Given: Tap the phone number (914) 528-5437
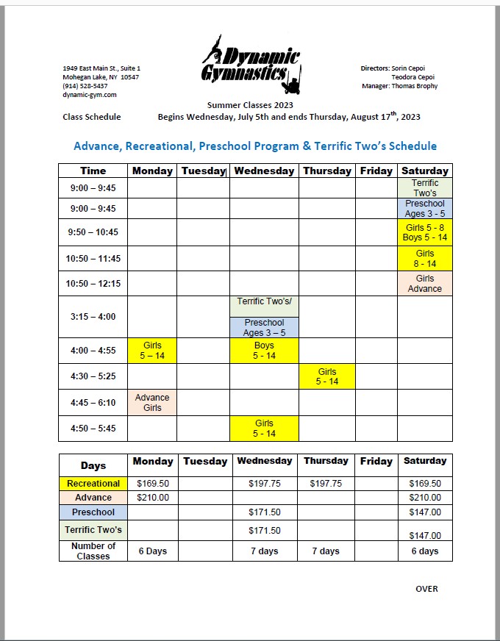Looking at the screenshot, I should [x=85, y=86].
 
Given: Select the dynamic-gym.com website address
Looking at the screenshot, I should [x=90, y=95].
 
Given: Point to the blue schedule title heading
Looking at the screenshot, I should [x=255, y=146].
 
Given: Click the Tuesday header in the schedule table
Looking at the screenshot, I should [x=203, y=171].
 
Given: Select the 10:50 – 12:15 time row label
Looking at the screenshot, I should [x=93, y=284].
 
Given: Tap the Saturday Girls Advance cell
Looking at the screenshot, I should [x=425, y=284].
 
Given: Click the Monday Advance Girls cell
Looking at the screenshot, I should [x=152, y=403].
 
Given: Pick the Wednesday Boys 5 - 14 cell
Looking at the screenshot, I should [x=264, y=351].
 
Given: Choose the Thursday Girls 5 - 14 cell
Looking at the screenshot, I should [x=327, y=376].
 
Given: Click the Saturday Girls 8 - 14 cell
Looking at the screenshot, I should [x=425, y=259].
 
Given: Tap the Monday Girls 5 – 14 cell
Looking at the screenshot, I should [x=152, y=351].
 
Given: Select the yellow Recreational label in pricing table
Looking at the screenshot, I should [x=93, y=484].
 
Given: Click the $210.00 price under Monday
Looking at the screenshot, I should [x=152, y=498].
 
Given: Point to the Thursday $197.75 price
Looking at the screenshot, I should [x=326, y=484].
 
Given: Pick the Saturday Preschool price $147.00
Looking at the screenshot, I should [x=425, y=512].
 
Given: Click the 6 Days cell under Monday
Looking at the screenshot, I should [x=152, y=551].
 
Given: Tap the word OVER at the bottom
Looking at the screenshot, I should [x=426, y=589].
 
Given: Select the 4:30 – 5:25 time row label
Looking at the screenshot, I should [x=93, y=376].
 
